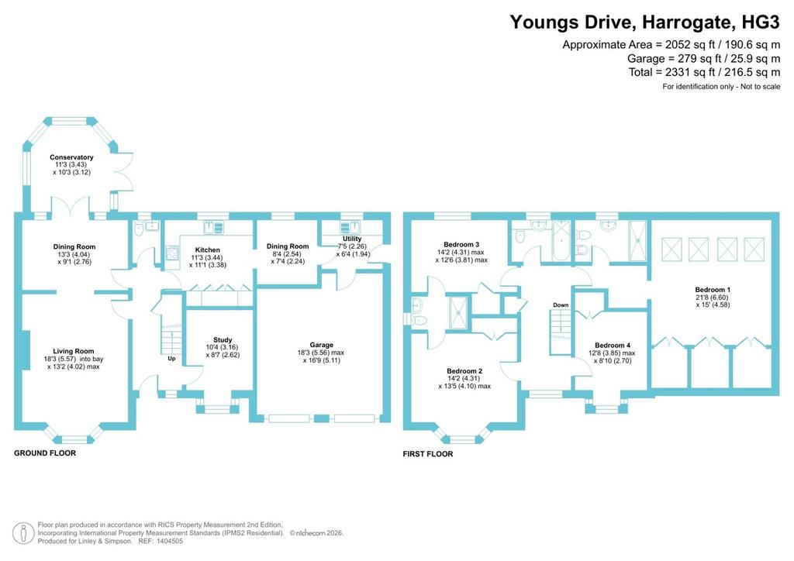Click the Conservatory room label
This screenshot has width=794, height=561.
tap(71, 157)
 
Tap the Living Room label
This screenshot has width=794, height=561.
tap(74, 351)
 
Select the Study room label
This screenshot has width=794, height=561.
tap(223, 340)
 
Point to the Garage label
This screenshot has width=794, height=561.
tap(322, 345)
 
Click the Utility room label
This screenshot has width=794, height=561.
tap(352, 239)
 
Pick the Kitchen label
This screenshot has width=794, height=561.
tap(208, 250)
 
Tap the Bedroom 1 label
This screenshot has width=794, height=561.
tap(713, 290)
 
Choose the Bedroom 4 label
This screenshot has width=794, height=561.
tap(613, 346)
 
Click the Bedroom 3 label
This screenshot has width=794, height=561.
tap(461, 244)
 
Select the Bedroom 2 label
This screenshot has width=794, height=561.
tap(464, 371)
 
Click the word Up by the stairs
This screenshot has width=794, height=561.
tap(171, 359)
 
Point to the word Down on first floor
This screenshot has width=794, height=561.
tap(561, 305)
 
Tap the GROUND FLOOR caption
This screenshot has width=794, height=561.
tap(45, 453)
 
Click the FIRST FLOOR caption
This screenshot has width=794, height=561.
tap(428, 454)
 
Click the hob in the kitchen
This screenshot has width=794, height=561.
tap(172, 253)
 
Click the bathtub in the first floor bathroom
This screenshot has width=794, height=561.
tap(561, 240)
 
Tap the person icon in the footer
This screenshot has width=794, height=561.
tap(23, 534)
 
